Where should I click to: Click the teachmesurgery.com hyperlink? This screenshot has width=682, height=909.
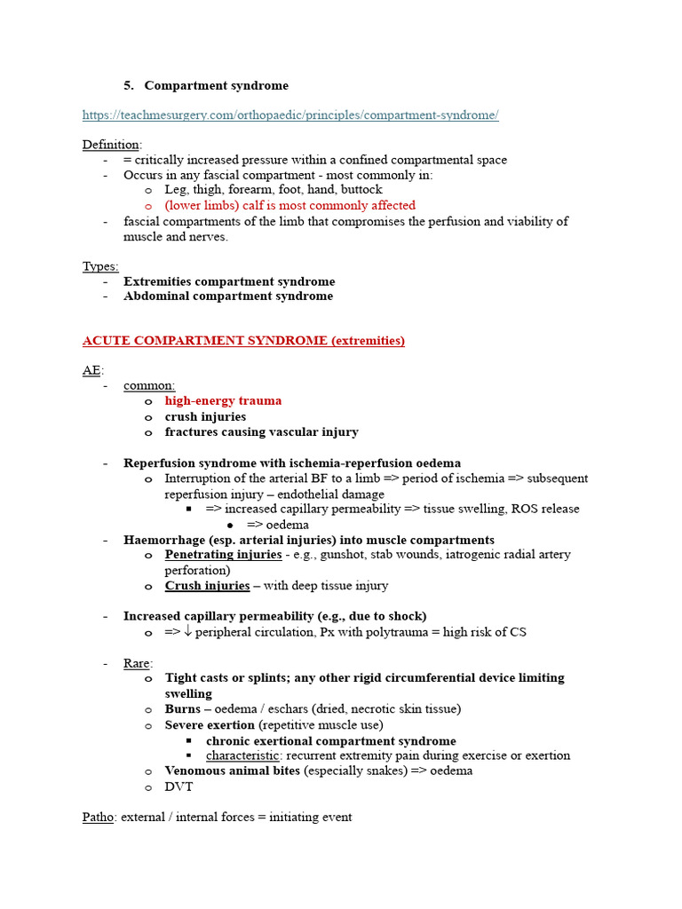(x=290, y=115)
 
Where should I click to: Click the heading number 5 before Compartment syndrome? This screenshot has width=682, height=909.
(x=129, y=85)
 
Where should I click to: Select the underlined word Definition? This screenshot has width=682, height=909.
(x=111, y=145)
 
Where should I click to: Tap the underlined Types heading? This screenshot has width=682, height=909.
(x=99, y=266)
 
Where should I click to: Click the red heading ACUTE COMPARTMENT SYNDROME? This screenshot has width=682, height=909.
(x=243, y=341)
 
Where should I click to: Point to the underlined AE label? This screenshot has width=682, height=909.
(x=91, y=370)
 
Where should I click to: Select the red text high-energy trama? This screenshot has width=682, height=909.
(x=223, y=400)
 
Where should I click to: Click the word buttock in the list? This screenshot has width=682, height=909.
(x=361, y=189)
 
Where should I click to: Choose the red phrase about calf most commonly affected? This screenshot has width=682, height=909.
(x=289, y=205)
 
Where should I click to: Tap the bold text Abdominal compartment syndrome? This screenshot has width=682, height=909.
(x=228, y=296)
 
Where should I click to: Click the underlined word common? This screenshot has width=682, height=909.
(x=148, y=385)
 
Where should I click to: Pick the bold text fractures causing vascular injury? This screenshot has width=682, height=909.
(x=261, y=431)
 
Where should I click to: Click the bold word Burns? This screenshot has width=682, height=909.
(x=182, y=709)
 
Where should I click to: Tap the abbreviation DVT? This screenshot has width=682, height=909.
(x=178, y=786)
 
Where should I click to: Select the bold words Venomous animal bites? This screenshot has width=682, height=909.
(x=233, y=771)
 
